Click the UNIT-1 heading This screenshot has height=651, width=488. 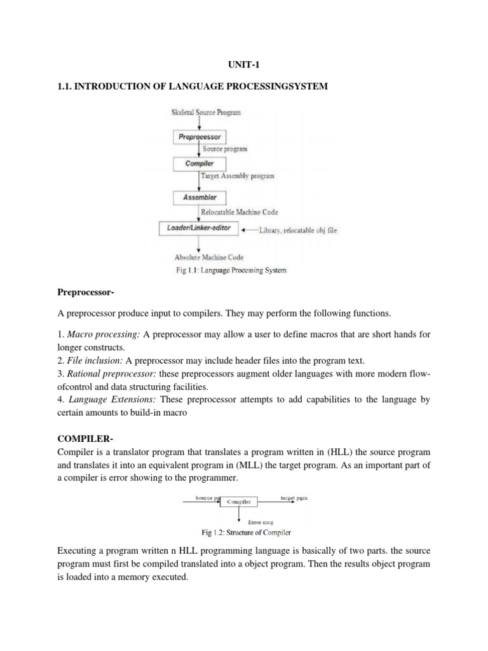tap(243, 65)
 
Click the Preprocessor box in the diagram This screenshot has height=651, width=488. tap(200, 136)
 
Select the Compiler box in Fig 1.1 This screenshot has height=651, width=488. tap(200, 163)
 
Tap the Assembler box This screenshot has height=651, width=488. tap(200, 197)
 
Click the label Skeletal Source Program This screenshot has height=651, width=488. tap(206, 113)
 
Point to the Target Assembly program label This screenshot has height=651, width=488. tap(237, 176)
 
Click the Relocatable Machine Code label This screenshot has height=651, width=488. tap(239, 212)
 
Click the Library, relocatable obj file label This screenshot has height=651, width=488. tap(297, 230)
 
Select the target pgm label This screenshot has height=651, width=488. tap(292, 498)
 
